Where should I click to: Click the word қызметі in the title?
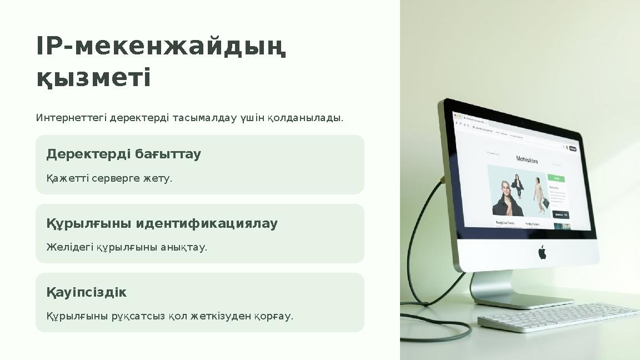click(x=93, y=78)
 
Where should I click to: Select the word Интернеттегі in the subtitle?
click(x=72, y=118)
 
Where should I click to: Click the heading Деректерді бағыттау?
click(x=123, y=154)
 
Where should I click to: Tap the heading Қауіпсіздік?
click(x=86, y=292)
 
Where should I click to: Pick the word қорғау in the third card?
click(x=273, y=316)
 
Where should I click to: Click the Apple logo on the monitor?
click(x=542, y=253)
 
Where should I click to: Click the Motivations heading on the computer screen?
click(x=527, y=160)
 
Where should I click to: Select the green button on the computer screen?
click(x=556, y=179)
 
